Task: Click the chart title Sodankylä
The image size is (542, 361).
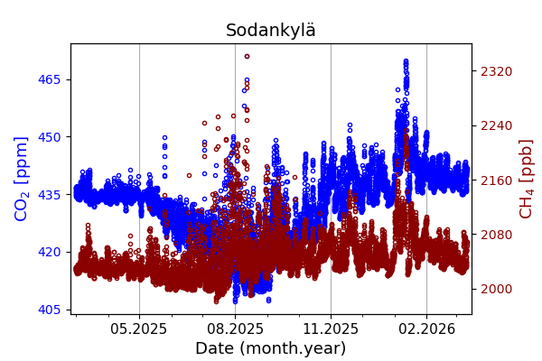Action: (271, 31)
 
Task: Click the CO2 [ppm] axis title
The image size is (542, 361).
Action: (22, 179)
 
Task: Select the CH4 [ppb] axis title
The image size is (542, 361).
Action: (526, 179)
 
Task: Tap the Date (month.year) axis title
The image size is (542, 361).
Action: (271, 348)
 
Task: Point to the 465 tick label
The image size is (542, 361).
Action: (49, 79)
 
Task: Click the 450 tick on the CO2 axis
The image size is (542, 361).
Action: (49, 137)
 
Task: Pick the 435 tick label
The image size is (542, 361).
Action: (49, 194)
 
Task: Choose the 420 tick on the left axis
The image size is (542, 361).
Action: (49, 252)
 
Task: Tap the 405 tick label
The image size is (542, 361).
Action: (49, 310)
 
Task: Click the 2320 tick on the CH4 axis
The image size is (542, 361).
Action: (495, 71)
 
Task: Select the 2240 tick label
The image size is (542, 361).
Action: (495, 125)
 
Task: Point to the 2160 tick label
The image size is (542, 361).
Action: (495, 180)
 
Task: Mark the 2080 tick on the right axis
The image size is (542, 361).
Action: (495, 235)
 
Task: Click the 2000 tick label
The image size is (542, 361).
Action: (495, 289)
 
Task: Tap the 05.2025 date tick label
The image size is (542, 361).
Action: (139, 329)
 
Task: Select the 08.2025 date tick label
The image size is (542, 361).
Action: (235, 329)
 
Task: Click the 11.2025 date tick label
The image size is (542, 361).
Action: (331, 329)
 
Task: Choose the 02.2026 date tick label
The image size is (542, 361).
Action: (426, 329)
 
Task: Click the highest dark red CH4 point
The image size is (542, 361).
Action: (247, 56)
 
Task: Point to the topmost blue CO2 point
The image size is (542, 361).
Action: (406, 61)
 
